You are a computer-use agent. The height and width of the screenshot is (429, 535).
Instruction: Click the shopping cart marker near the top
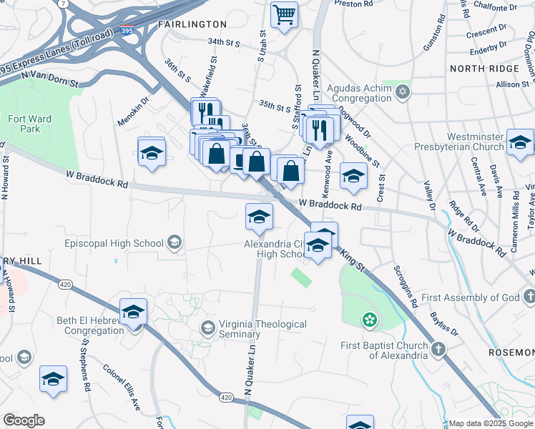pyautogui.click(x=285, y=14)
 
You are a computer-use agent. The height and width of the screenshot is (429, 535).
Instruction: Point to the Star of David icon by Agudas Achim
pyautogui.click(x=403, y=92)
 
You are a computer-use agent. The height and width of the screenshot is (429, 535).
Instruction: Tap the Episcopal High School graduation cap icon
pyautogui.click(x=173, y=243)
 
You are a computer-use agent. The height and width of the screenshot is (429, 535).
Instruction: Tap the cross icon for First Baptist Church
pyautogui.click(x=437, y=348)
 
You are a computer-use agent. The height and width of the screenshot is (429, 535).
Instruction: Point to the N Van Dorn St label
pyautogui.click(x=49, y=79)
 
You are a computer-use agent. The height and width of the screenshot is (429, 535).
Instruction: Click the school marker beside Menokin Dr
pyautogui.click(x=152, y=152)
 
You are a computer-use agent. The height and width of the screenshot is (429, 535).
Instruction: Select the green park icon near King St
pyautogui.click(x=369, y=320)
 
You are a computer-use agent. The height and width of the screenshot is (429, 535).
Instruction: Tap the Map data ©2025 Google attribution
pyautogui.click(x=491, y=423)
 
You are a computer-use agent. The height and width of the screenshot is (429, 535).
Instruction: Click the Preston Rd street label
pyautogui.click(x=354, y=4)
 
